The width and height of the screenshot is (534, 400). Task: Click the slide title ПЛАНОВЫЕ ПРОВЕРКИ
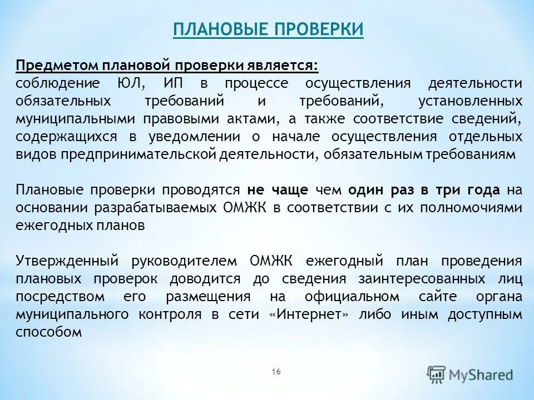point(268,29)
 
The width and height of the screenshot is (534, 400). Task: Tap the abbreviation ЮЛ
point(131,83)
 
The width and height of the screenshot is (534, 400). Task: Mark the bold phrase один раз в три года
point(424,190)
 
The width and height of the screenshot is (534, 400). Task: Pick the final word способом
point(49,332)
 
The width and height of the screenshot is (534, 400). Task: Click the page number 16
point(276,372)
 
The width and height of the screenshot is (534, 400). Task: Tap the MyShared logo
point(471,374)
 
